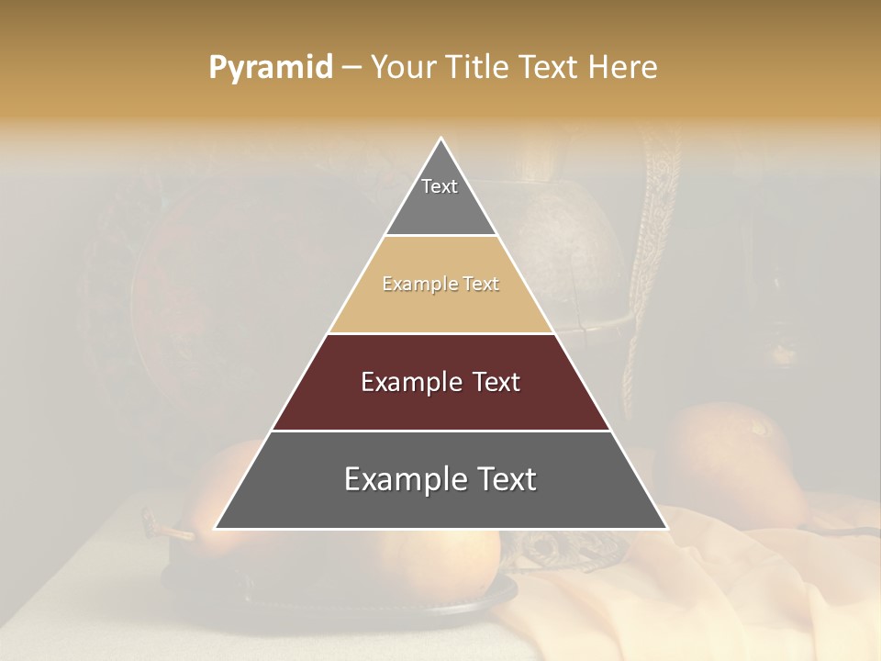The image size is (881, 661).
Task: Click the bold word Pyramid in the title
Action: [271, 67]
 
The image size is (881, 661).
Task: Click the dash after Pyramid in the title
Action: [351, 68]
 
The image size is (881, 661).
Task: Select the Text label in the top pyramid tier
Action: [440, 186]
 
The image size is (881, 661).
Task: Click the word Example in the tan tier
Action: [413, 284]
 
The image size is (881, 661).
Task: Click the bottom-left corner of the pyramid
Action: [216, 529]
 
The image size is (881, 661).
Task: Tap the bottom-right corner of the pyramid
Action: [666, 529]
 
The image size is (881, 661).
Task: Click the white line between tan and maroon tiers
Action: [440, 333]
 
